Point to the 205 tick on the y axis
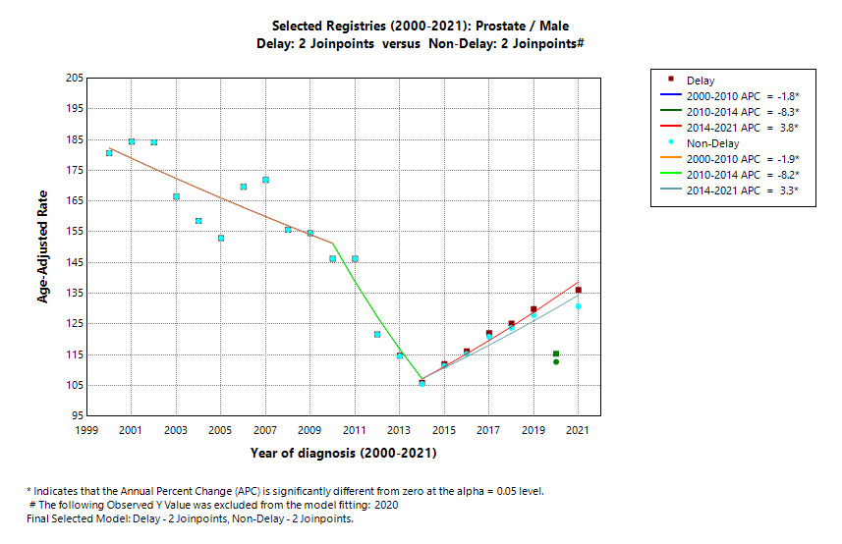pyautogui.click(x=73, y=78)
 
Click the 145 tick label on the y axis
pyautogui.click(x=73, y=262)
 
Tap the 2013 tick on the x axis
pyautogui.click(x=399, y=430)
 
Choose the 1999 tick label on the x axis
pyautogui.click(x=86, y=430)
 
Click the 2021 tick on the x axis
pyautogui.click(x=578, y=430)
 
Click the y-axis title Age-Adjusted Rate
pyautogui.click(x=44, y=246)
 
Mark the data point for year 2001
pyautogui.click(x=132, y=141)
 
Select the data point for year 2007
pyautogui.click(x=265, y=180)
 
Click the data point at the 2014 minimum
pyautogui.click(x=421, y=382)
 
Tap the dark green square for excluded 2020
pyautogui.click(x=556, y=354)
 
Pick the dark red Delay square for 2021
pyautogui.click(x=579, y=290)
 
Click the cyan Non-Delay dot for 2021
pyautogui.click(x=579, y=306)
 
